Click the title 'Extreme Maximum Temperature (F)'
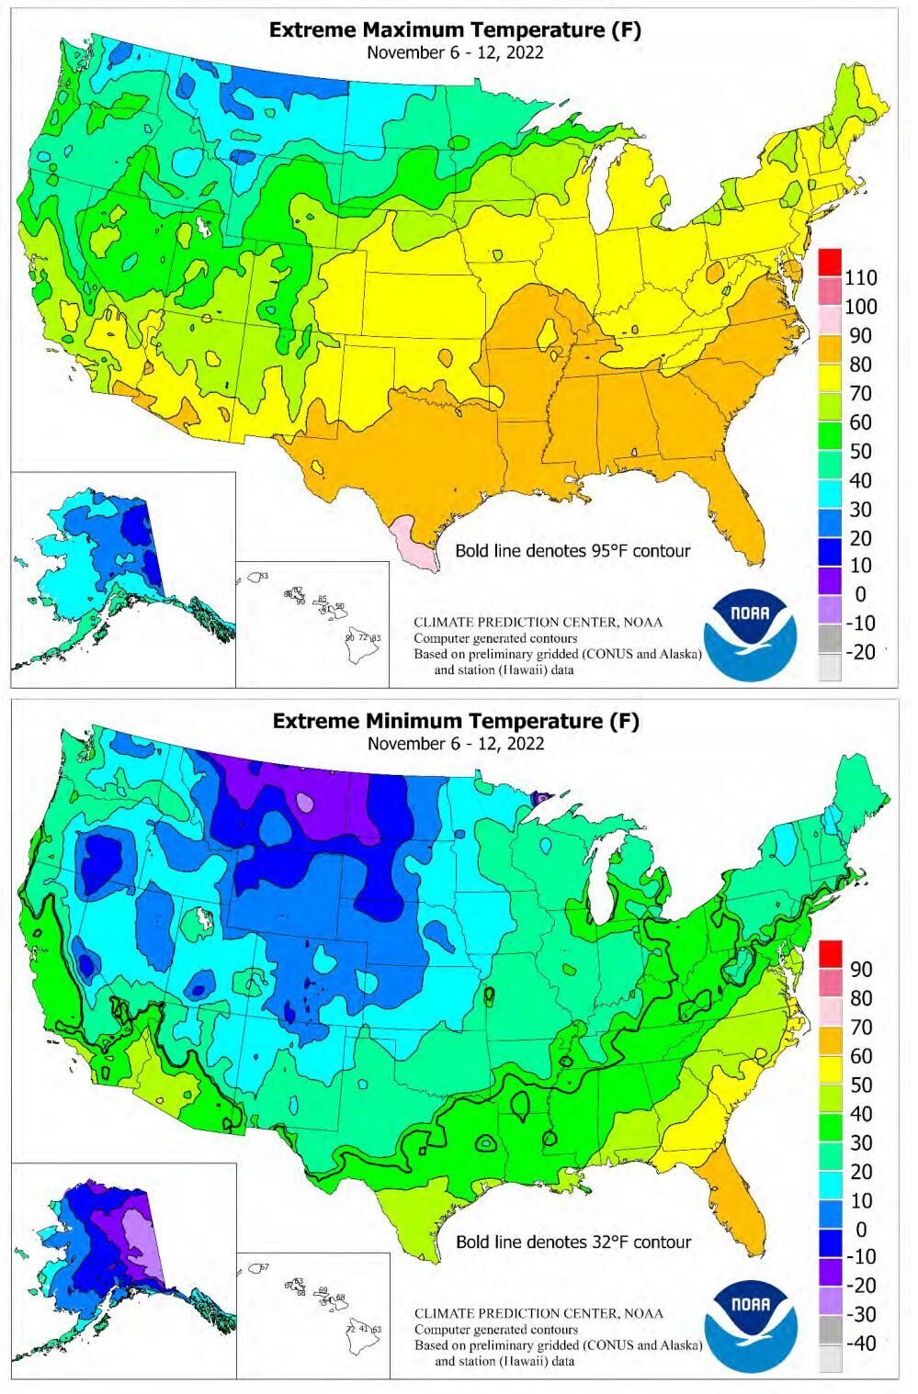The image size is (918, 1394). point(455,30)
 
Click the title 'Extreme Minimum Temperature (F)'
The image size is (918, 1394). point(455,721)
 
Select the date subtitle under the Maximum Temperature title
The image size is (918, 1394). point(455,52)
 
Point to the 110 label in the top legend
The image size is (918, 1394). point(860,277)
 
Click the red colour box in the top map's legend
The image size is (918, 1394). point(829,263)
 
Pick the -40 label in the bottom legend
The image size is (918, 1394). point(860,1343)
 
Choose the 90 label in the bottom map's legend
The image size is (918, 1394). point(860,969)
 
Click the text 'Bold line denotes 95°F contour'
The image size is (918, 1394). point(572,551)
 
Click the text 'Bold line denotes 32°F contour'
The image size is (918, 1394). point(572,1242)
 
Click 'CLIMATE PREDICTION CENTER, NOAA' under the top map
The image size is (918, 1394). point(538,622)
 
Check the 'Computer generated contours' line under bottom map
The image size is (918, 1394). point(495,1329)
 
